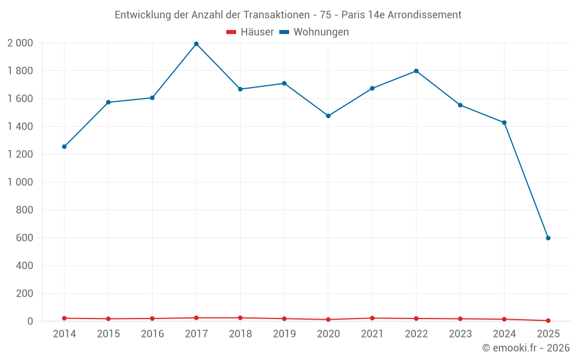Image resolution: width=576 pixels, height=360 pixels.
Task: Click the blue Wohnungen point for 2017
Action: click(196, 44)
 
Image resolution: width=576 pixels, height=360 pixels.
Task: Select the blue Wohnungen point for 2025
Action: click(548, 238)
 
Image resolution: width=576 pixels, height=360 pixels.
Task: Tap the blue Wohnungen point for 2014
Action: click(65, 147)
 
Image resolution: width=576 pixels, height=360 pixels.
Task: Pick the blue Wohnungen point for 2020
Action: click(328, 116)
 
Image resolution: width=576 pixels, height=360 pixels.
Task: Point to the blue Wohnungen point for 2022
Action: click(416, 71)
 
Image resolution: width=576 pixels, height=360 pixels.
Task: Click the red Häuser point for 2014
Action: click(65, 318)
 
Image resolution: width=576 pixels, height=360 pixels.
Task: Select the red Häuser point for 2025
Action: click(548, 320)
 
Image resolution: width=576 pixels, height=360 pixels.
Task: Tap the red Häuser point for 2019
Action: click(285, 319)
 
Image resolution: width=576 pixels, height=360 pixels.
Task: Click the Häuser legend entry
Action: click(250, 32)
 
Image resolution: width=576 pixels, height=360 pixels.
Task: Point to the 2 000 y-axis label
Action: click(20, 43)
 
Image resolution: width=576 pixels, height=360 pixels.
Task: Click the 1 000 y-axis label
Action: click(20, 182)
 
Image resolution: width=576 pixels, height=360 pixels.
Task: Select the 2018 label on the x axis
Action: click(240, 334)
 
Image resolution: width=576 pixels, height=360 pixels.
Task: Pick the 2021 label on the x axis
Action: click(372, 334)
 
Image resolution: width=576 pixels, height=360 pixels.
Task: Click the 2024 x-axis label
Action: click(504, 334)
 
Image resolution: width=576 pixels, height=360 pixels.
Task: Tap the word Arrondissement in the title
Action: click(425, 15)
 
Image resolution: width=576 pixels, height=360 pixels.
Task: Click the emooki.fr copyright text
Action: click(526, 348)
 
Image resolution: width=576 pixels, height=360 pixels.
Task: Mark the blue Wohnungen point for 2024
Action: click(504, 123)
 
